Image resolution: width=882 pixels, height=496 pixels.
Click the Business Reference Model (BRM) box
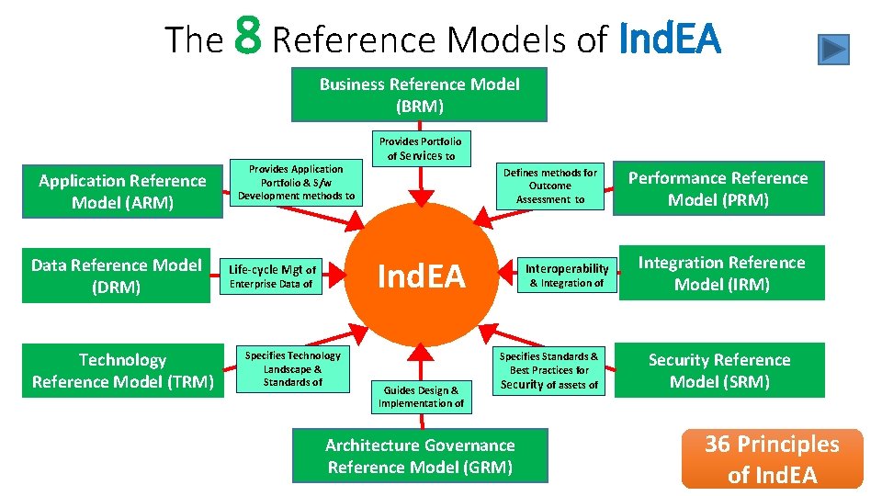click(419, 95)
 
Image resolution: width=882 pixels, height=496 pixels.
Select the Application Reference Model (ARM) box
click(122, 191)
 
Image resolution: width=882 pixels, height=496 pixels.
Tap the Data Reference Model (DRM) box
click(116, 276)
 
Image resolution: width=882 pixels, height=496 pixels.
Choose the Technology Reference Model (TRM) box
click(122, 370)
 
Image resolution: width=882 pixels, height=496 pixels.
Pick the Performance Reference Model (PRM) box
click(718, 188)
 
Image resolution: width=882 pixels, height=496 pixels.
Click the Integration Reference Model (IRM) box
click(721, 273)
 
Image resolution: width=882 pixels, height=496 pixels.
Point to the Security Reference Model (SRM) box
click(718, 370)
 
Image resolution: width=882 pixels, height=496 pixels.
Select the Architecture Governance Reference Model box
click(420, 456)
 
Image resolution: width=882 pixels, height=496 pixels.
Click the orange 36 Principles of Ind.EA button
click(772, 458)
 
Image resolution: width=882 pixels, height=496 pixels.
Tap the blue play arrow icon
click(833, 49)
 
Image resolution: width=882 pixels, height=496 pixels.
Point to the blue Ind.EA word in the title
click(671, 39)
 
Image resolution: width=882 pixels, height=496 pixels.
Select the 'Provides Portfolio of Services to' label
click(421, 148)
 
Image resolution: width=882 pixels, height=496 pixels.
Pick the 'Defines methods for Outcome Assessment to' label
click(550, 186)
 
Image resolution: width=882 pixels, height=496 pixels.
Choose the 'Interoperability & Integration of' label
click(567, 276)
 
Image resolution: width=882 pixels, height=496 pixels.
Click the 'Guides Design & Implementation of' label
click(421, 396)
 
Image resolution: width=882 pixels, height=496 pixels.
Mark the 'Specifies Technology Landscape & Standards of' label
click(292, 368)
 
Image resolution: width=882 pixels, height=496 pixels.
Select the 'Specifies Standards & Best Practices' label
click(548, 370)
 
